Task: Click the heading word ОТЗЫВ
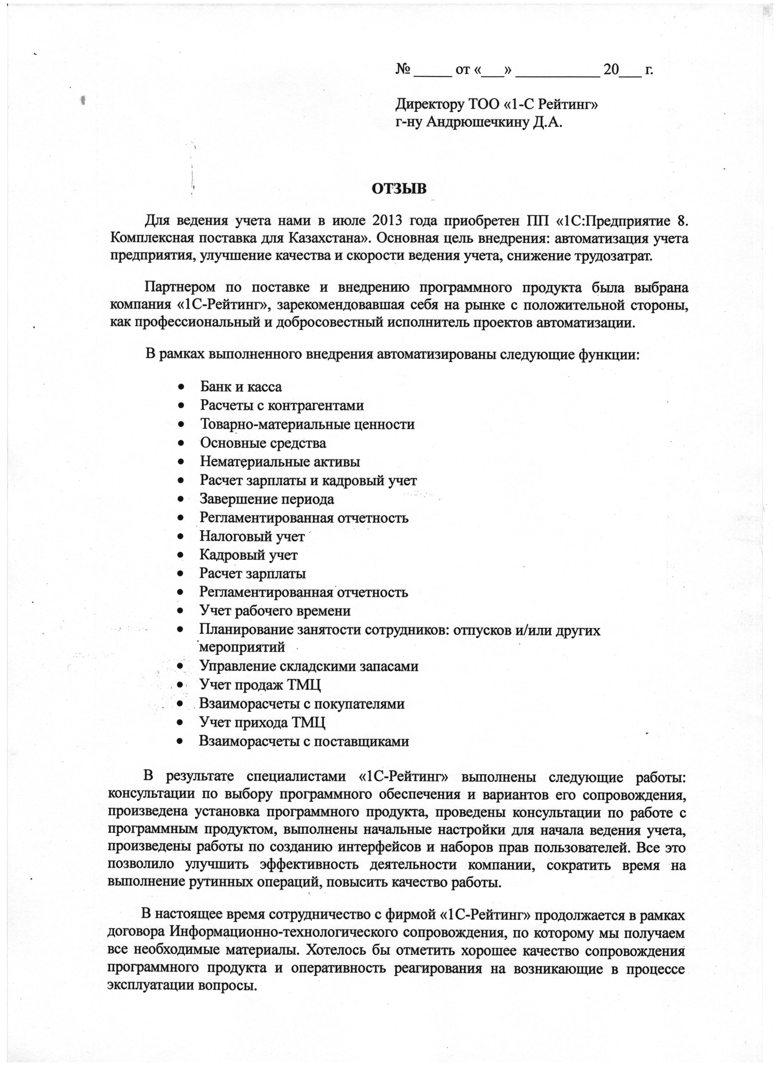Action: point(399,189)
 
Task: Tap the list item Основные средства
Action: point(263,443)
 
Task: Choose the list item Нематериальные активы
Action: point(280,462)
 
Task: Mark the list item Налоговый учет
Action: point(252,536)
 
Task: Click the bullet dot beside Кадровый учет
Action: point(181,555)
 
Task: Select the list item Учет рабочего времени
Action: point(275,611)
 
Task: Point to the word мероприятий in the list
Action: point(243,647)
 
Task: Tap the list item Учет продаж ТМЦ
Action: point(260,685)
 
